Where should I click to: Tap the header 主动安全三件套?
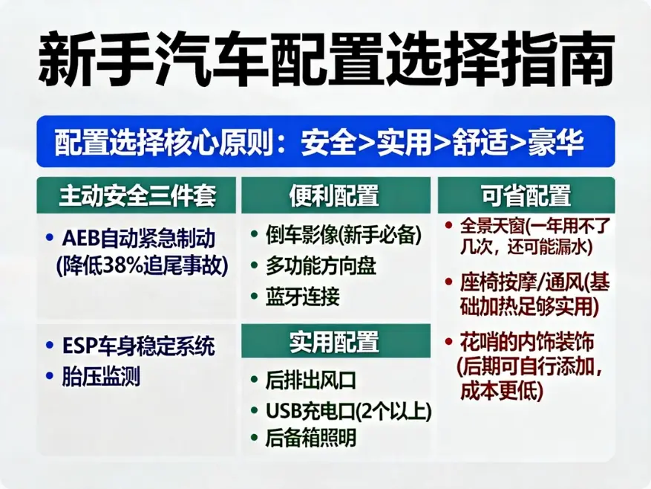pyautogui.click(x=137, y=195)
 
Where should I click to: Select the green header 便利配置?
pyautogui.click(x=334, y=195)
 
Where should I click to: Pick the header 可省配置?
pyautogui.click(x=526, y=195)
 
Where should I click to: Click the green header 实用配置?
pyautogui.click(x=334, y=342)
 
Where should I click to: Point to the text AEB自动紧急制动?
pyautogui.click(x=139, y=239)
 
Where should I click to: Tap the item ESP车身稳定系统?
pyautogui.click(x=139, y=346)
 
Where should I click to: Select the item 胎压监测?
pyautogui.click(x=102, y=376)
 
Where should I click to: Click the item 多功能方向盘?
pyautogui.click(x=321, y=266)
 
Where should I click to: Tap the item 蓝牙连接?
pyautogui.click(x=302, y=297)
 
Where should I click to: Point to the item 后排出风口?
pyautogui.click(x=311, y=380)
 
